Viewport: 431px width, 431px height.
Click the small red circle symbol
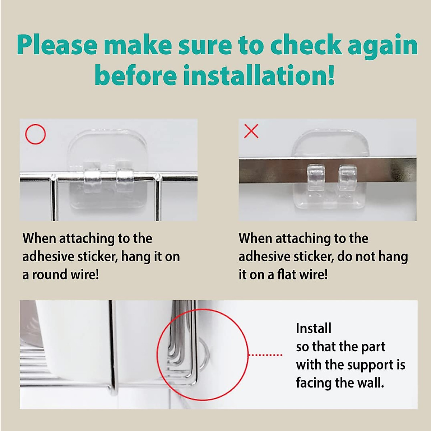pyautogui.click(x=36, y=134)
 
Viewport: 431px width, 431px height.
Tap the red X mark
pyautogui.click(x=251, y=131)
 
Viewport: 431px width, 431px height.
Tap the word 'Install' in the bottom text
pyautogui.click(x=314, y=328)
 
